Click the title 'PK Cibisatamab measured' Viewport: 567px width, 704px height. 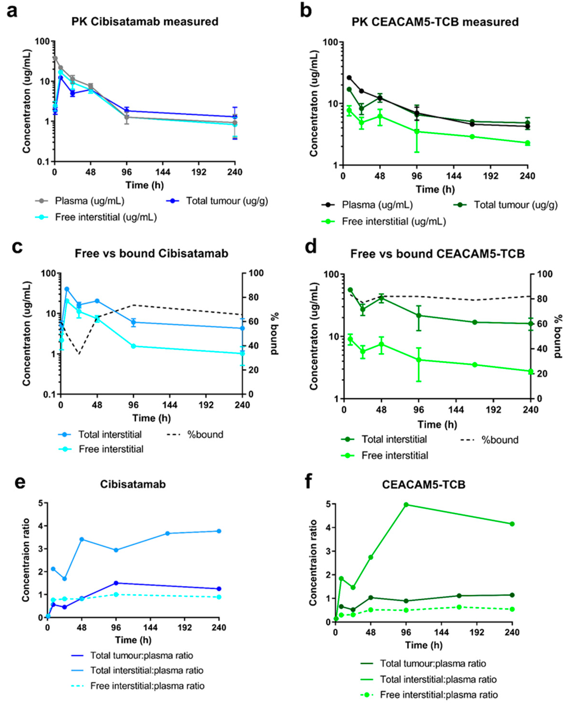[145, 22]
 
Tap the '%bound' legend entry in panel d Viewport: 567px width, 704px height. [500, 440]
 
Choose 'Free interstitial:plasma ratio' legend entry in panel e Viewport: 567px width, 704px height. [147, 686]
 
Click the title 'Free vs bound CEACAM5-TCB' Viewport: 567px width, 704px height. [437, 254]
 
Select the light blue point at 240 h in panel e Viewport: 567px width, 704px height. [219, 531]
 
